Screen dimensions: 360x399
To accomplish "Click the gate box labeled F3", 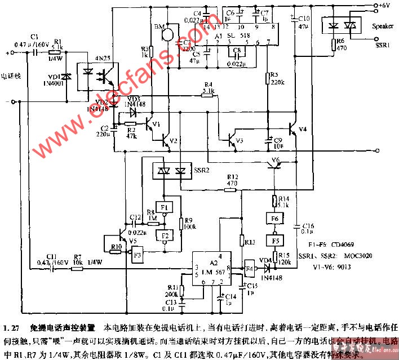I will (138, 255).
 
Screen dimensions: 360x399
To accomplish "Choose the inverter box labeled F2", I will (164, 235).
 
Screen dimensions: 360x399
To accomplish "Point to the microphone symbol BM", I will (167, 34).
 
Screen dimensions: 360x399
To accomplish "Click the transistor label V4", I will (303, 129).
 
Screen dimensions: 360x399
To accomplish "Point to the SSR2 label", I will (201, 170).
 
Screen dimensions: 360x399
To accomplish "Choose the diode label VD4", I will (263, 260).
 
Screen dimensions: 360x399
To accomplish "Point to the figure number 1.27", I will (11, 327).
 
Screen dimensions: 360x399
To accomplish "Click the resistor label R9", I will (188, 220).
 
